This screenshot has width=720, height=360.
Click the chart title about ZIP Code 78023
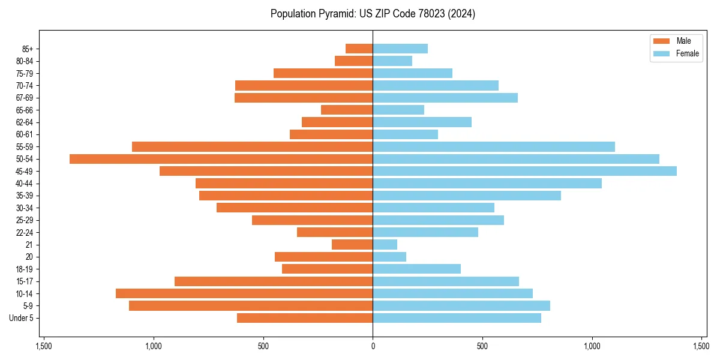373,14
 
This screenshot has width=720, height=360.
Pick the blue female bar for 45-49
524,171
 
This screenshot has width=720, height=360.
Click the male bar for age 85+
359,49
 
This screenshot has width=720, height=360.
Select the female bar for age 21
385,244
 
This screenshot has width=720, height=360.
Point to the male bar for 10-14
244,293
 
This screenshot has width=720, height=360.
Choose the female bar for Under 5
457,318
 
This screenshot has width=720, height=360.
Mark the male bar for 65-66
347,110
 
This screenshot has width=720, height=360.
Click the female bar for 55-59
494,146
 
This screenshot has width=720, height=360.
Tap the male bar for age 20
323,257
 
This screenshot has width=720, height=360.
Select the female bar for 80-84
392,61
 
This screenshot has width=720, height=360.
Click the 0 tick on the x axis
373,346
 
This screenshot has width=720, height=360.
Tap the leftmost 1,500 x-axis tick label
44,346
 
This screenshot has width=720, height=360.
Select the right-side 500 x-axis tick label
482,346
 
